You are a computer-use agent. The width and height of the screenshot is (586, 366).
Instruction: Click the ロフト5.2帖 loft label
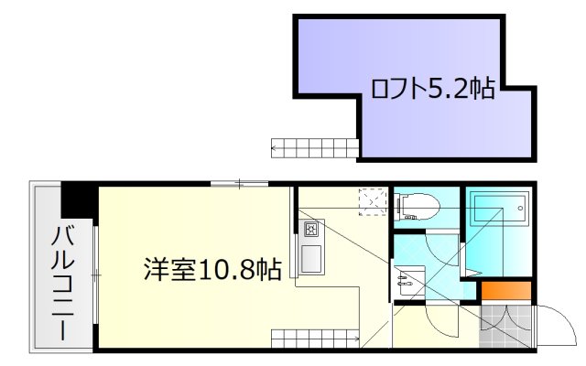(432, 89)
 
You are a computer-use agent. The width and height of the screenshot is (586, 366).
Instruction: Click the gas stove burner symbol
(309, 228)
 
